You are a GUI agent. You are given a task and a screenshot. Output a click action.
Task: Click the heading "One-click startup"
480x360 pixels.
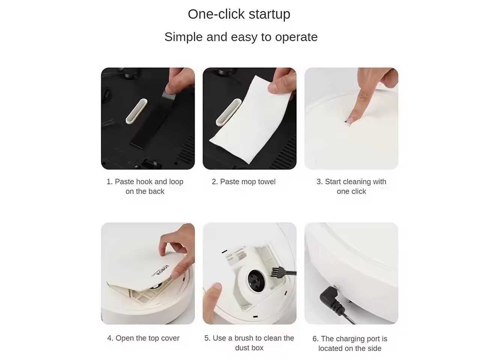click(x=239, y=14)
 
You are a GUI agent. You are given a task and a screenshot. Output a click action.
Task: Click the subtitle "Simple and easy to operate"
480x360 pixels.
click(x=241, y=37)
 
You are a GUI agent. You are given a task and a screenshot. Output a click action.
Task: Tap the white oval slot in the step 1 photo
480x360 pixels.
click(x=136, y=111)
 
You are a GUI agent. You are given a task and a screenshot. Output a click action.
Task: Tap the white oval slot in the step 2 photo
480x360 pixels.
click(x=228, y=112)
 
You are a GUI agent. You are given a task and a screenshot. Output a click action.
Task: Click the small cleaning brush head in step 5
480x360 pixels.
click(x=276, y=272)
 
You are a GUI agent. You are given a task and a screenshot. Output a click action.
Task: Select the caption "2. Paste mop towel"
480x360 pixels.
click(x=243, y=181)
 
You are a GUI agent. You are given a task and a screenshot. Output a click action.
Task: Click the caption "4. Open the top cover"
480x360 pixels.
click(x=143, y=338)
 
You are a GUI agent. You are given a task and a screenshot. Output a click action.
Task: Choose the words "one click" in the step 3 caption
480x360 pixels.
click(x=351, y=191)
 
